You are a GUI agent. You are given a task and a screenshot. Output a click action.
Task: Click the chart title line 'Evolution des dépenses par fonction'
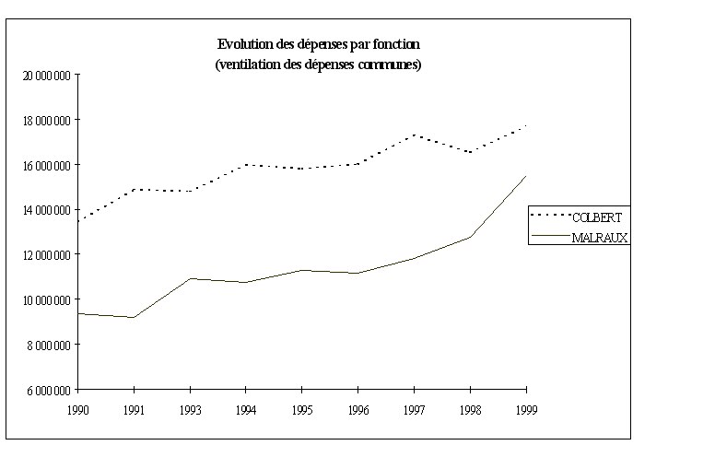[x=318, y=44]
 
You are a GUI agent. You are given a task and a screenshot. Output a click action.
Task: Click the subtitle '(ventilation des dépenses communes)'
[x=318, y=64]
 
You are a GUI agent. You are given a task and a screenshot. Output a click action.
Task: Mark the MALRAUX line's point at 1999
[x=525, y=176]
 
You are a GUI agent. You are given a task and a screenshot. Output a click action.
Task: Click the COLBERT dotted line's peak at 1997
[x=414, y=135]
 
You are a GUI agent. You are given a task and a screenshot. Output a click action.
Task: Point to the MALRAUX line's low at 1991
[x=135, y=318]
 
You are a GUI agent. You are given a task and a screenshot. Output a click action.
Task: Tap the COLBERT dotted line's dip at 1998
[x=470, y=152]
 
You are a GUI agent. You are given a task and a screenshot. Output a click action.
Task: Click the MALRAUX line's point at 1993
[x=190, y=278]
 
